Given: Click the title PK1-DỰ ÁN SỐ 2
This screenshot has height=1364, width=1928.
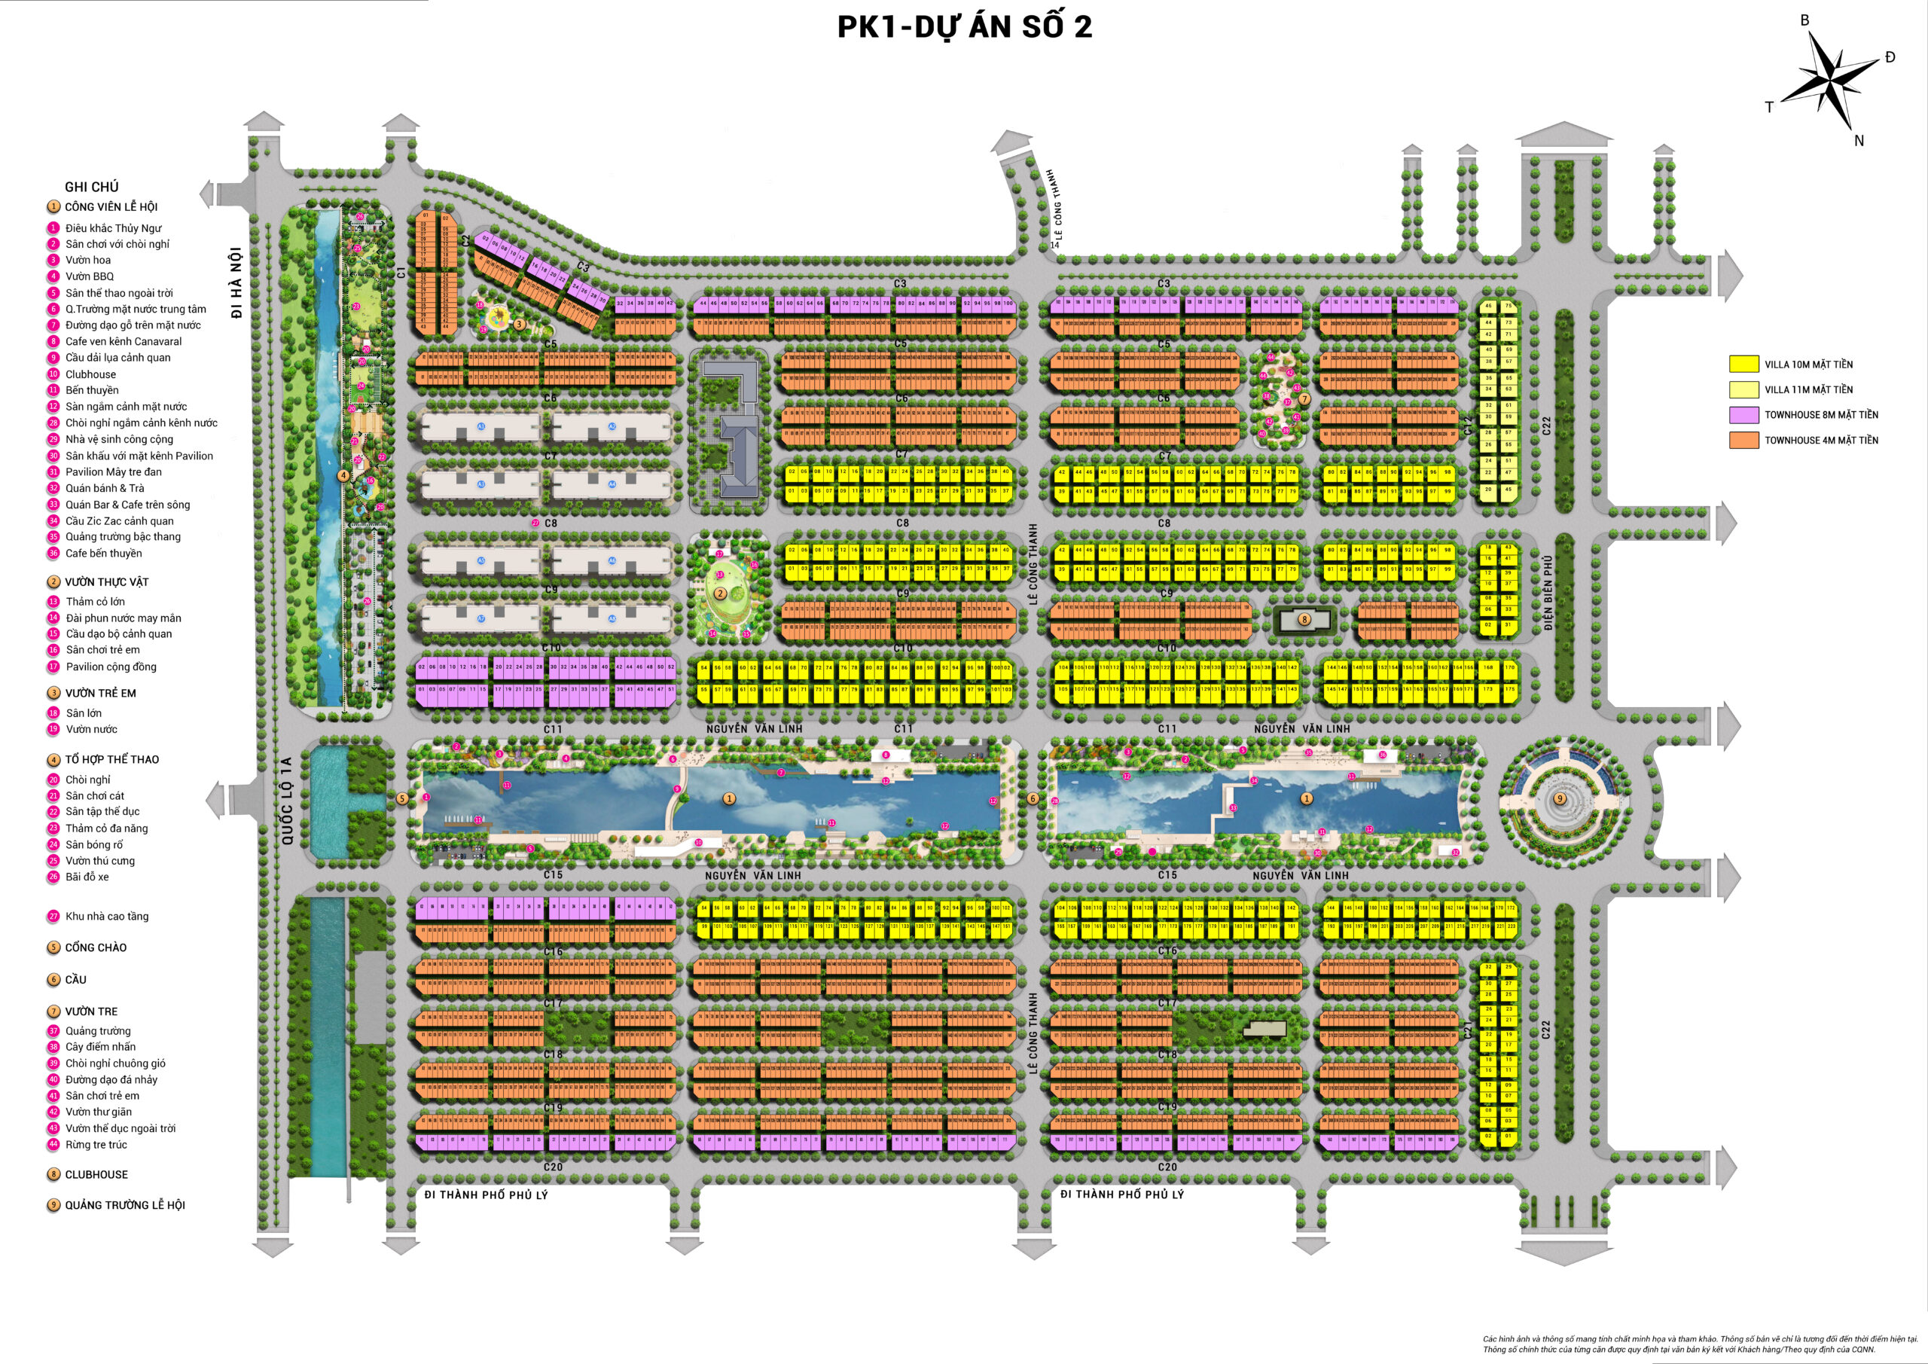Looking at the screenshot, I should (x=964, y=28).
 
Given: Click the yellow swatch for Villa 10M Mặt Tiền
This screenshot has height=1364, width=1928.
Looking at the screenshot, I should (x=1743, y=365).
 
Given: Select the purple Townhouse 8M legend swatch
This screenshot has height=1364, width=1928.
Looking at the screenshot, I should (x=1743, y=415).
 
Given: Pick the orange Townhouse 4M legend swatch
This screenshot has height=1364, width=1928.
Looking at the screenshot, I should (x=1743, y=440).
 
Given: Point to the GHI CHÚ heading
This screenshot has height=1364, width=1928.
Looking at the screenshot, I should (x=92, y=188).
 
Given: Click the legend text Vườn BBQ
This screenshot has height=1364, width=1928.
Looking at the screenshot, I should (x=89, y=276).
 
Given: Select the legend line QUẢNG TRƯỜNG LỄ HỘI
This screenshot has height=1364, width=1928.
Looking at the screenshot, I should (x=124, y=1205).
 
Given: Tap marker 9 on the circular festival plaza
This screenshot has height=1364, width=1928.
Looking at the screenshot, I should (x=1560, y=799).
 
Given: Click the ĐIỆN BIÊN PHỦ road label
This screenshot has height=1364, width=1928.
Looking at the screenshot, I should (x=1548, y=593).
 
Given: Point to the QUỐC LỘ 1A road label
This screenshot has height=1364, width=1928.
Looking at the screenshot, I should (x=286, y=801).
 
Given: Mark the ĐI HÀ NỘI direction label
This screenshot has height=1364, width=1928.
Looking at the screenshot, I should (x=236, y=282).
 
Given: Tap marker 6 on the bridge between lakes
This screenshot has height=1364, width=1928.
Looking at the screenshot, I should (x=1033, y=799).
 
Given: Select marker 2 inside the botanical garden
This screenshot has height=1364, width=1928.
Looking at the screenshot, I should (x=720, y=594).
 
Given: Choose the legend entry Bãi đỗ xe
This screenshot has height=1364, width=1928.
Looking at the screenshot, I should (x=87, y=877).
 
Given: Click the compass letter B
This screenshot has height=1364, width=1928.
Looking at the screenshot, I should (x=1804, y=20).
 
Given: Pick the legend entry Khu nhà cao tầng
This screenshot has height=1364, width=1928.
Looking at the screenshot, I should (x=107, y=917).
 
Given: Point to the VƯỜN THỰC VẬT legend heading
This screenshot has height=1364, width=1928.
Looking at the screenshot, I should (x=107, y=582).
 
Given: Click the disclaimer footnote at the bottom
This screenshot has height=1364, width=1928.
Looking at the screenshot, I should (x=1700, y=1344).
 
